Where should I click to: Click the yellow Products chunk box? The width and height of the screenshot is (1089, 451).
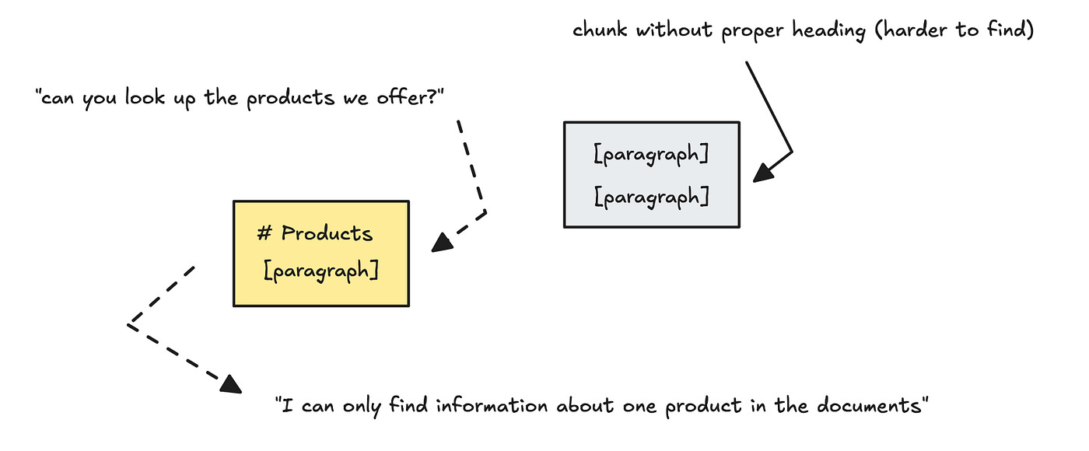tap(320, 253)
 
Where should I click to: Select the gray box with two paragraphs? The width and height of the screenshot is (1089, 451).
tap(651, 174)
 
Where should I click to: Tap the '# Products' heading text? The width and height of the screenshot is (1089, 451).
tap(315, 233)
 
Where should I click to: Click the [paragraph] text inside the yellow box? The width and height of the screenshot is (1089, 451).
tap(321, 271)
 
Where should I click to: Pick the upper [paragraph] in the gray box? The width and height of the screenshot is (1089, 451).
tap(651, 155)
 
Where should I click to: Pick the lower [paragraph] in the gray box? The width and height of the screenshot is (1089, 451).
tap(651, 197)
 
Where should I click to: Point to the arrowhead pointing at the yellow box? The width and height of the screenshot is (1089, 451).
tap(441, 244)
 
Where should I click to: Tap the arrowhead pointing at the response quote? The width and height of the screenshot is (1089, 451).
tap(230, 383)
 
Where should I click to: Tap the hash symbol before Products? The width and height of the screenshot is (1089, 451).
tap(263, 233)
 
